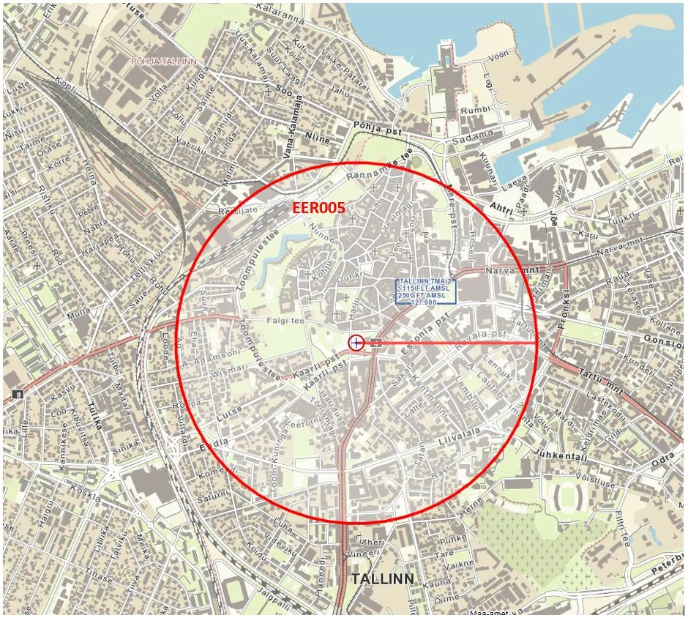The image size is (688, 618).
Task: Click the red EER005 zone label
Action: [318, 208]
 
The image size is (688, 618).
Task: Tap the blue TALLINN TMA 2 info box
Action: [426, 291]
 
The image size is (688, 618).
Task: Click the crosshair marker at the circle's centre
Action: [356, 342]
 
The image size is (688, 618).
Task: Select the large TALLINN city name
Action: [383, 579]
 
